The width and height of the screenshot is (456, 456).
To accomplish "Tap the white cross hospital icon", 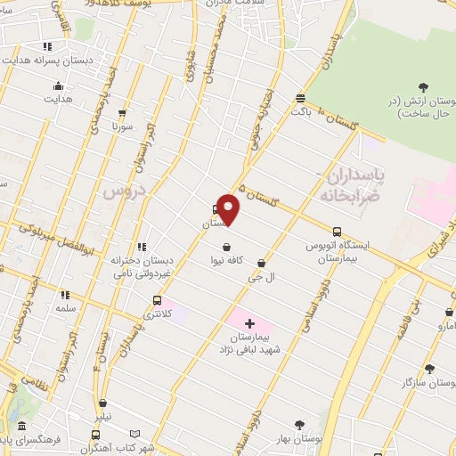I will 249,322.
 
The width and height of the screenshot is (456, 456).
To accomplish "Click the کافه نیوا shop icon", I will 227,247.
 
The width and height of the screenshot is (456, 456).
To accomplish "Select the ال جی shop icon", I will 261,263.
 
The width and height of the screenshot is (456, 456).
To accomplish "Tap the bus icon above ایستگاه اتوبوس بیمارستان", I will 336,230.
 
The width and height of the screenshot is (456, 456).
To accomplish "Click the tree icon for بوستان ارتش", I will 424,87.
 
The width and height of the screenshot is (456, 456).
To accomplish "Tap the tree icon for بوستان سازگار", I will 429,368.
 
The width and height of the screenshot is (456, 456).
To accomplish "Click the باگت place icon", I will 301,98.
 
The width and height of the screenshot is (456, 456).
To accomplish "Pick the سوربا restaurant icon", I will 122,113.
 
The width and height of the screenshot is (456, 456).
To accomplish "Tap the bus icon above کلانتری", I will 158,300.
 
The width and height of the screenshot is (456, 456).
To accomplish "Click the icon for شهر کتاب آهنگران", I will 95,435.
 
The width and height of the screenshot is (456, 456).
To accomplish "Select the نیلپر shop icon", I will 103,403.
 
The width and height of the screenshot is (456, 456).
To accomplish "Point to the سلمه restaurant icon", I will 65,294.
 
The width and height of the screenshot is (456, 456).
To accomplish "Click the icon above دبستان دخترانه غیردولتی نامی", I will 141,247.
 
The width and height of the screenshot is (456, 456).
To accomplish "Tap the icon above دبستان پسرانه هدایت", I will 46,46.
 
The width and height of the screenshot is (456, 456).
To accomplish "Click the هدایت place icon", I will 59,85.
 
